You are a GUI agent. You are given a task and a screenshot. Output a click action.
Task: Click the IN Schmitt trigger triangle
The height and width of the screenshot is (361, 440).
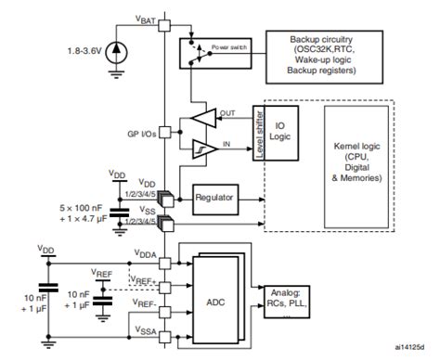click(201, 148)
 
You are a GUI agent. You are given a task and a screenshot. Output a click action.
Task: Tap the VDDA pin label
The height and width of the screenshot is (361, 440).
click(147, 252)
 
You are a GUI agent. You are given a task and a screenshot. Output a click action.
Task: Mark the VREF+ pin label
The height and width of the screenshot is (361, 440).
click(145, 278)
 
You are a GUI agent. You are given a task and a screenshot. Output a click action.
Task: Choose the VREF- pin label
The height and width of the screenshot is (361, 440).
click(145, 303)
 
